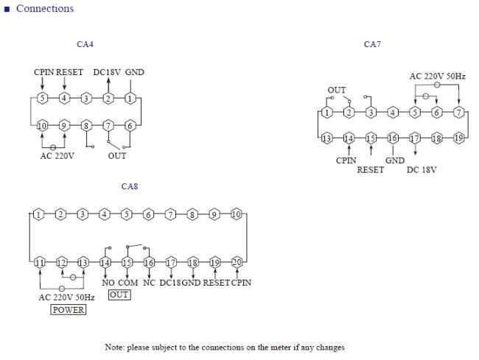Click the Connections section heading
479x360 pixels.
tap(45, 9)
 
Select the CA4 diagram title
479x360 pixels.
tap(85, 44)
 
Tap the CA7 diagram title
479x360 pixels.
tap(372, 44)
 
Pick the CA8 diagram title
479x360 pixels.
tap(130, 186)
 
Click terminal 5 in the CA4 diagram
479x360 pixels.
tap(43, 98)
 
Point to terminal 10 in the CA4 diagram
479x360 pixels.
tap(43, 125)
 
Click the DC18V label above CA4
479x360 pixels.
tap(107, 72)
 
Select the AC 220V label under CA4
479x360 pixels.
tap(57, 156)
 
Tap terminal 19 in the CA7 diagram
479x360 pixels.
tap(458, 138)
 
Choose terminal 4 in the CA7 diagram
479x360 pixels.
tap(393, 113)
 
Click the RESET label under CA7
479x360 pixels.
tap(370, 169)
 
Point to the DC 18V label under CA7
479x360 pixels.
tap(422, 169)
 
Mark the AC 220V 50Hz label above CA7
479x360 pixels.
tap(438, 76)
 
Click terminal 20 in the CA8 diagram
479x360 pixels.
tap(237, 262)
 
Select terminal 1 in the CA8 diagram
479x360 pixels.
tap(38, 214)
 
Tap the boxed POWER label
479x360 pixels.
tap(68, 310)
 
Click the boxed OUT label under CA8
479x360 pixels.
tap(119, 294)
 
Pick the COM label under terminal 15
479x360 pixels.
tap(128, 283)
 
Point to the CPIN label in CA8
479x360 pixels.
tap(241, 283)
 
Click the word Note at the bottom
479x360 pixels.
tap(114, 347)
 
